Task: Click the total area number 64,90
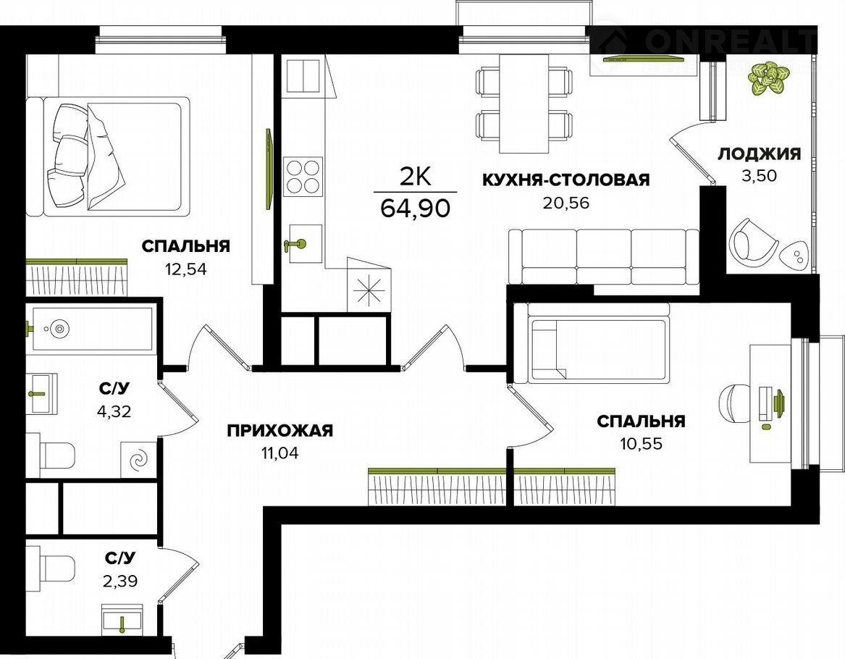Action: pyautogui.click(x=415, y=207)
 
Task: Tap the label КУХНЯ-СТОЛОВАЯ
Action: pyautogui.click(x=566, y=180)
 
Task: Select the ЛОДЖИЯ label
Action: pyautogui.click(x=759, y=154)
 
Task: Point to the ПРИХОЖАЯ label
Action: pyautogui.click(x=279, y=431)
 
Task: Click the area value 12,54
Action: pyautogui.click(x=186, y=269)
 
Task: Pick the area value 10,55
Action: pyautogui.click(x=642, y=444)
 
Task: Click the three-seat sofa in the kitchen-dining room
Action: pyautogui.click(x=604, y=256)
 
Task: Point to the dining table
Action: pyautogui.click(x=524, y=104)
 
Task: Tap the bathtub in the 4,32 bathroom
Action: pyautogui.click(x=92, y=329)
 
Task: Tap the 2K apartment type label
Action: pyautogui.click(x=416, y=176)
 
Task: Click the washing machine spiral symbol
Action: pyautogui.click(x=138, y=460)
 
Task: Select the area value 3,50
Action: pyautogui.click(x=759, y=176)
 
